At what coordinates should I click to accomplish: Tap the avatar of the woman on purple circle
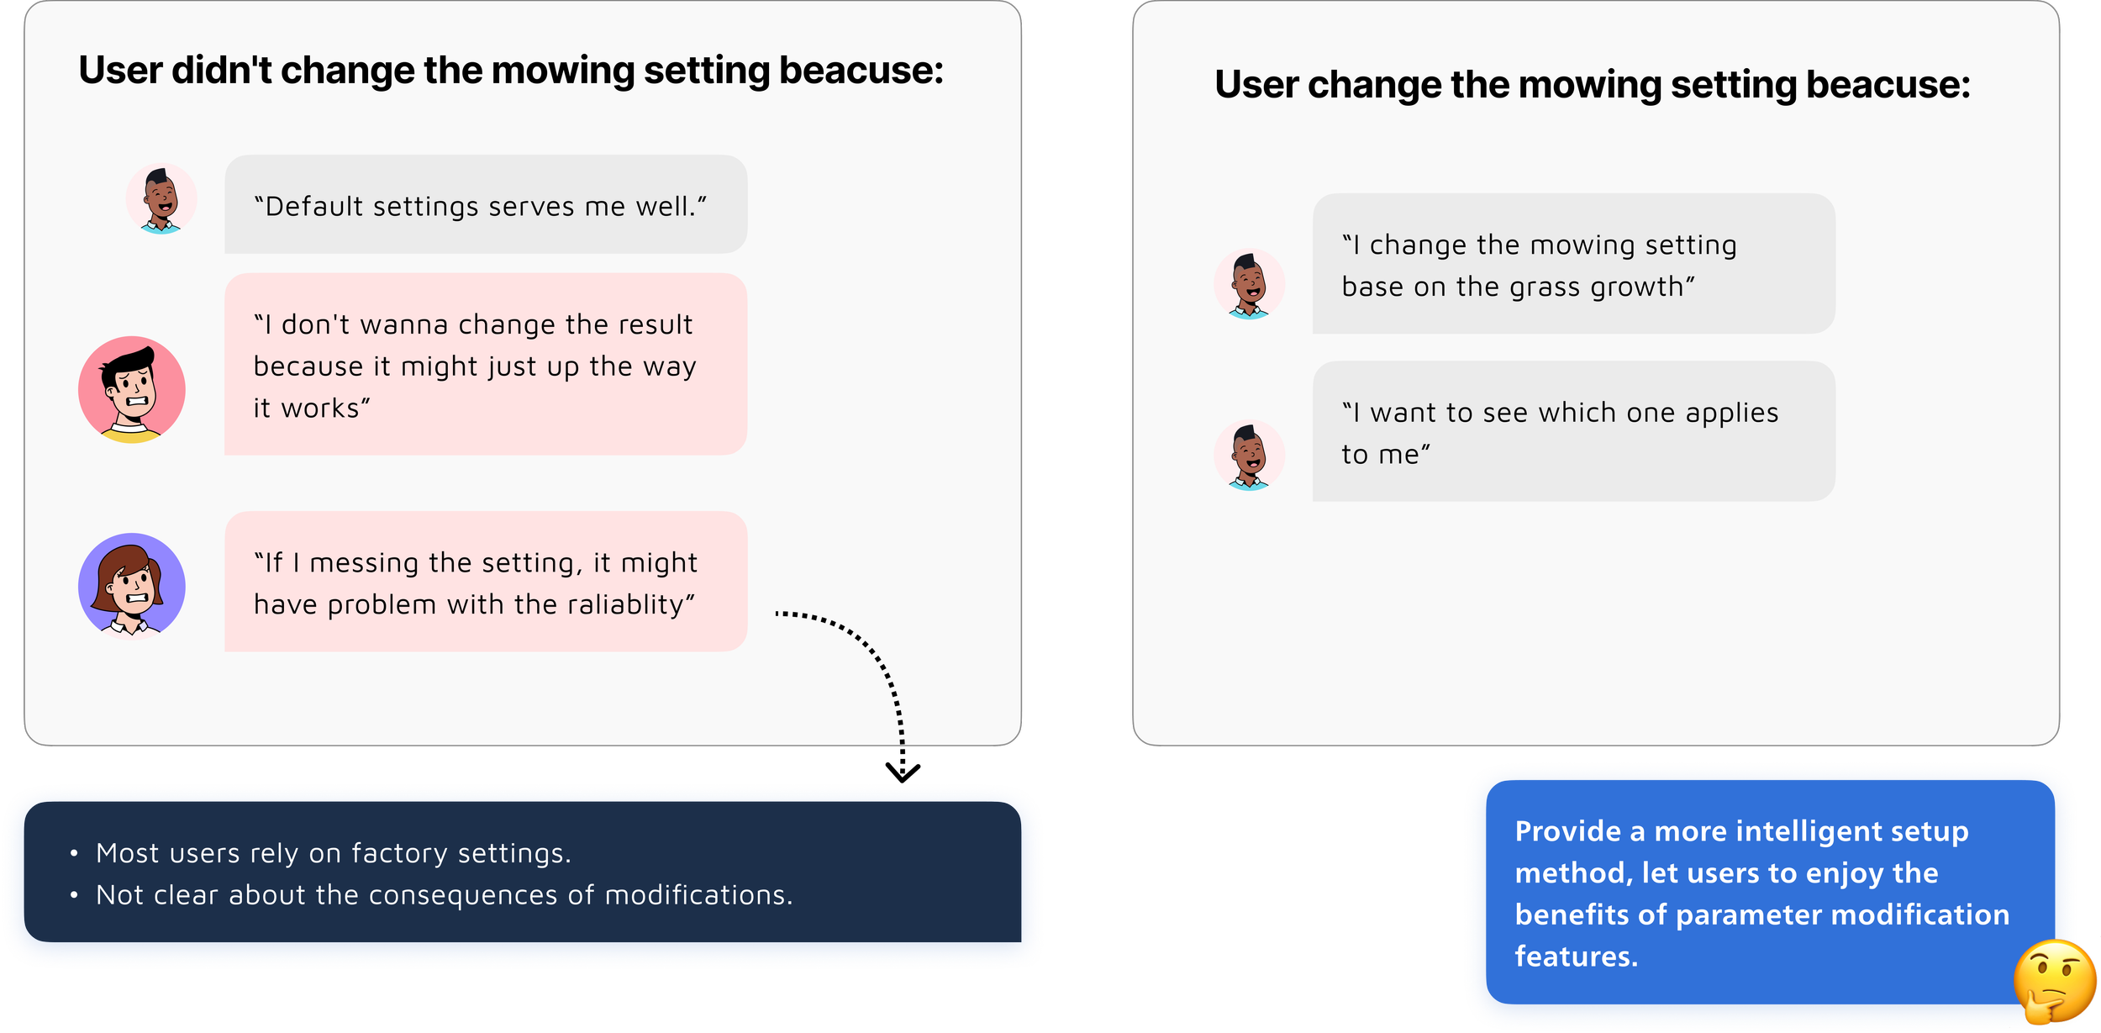[x=132, y=586]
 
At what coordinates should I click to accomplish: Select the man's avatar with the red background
[x=132, y=389]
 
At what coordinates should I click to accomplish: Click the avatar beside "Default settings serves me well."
[x=161, y=199]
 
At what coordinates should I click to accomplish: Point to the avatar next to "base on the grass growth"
[x=1249, y=284]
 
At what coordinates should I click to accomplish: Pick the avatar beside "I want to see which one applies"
[x=1249, y=455]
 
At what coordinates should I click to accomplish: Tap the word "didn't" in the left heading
[x=222, y=71]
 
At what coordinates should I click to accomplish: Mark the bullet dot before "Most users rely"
[x=75, y=854]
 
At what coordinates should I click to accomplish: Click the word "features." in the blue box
[x=1577, y=957]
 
